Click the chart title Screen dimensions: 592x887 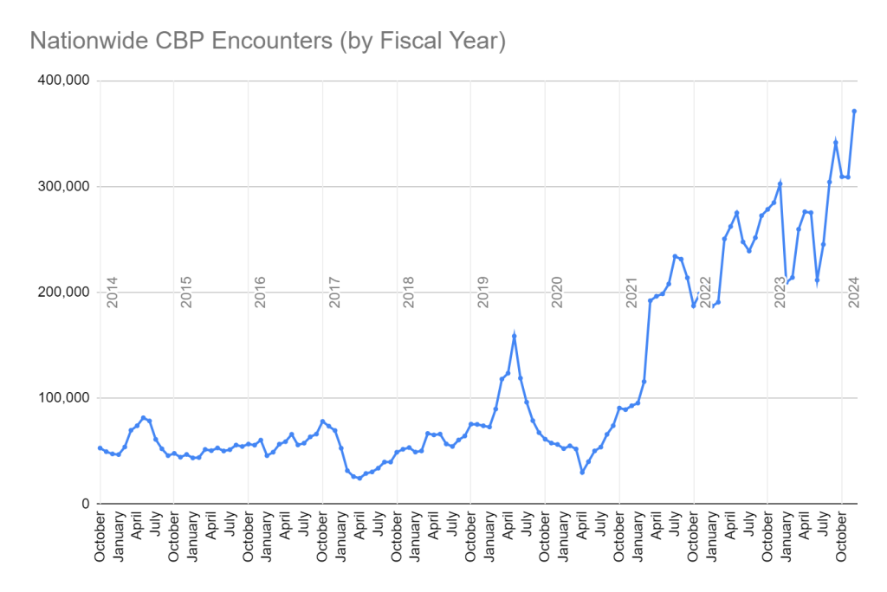tap(268, 41)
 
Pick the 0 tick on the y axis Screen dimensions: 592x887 tap(84, 504)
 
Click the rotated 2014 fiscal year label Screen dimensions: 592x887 tap(112, 292)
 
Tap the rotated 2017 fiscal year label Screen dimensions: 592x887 tap(335, 292)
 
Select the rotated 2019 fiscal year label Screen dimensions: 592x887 tap(483, 292)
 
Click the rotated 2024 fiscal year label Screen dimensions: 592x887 tap(854, 292)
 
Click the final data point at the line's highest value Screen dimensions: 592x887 tap(854, 111)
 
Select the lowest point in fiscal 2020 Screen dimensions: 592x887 tap(582, 472)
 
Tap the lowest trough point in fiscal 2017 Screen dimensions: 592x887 tap(359, 478)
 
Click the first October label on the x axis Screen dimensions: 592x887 tap(100, 538)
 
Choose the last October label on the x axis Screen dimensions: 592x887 tap(840, 538)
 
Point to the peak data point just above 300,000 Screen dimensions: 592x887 tap(780, 183)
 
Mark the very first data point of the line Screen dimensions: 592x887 tap(100, 448)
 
